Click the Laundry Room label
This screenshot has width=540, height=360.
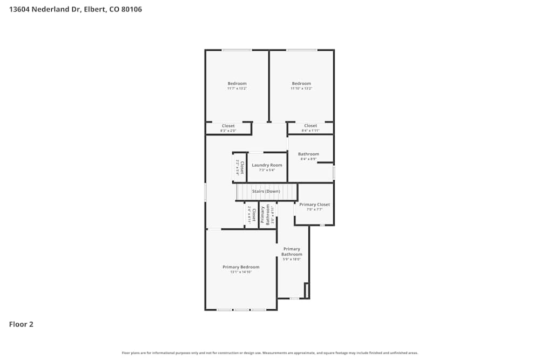coord(267,165)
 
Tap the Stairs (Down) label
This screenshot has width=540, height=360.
coord(266,191)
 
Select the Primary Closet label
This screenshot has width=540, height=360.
coord(314,205)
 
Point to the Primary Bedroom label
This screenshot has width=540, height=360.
coord(241,267)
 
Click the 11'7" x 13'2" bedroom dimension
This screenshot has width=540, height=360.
coord(237,89)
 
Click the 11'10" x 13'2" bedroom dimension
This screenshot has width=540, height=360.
coord(301,89)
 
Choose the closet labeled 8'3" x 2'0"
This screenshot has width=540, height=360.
coord(228,128)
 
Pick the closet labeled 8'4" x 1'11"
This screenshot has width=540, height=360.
coord(310,128)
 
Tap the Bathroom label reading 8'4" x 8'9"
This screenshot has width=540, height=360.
coord(308,157)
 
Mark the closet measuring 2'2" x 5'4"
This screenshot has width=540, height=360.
coord(239,168)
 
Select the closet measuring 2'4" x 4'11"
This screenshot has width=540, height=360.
coord(251,215)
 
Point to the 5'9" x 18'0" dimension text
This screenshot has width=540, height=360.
coord(292,259)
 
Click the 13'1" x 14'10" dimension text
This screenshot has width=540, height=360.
coord(241,272)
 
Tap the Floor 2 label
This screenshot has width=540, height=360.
coord(21,324)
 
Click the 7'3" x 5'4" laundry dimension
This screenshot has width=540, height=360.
coord(267,170)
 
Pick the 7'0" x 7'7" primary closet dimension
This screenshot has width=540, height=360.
coord(314,209)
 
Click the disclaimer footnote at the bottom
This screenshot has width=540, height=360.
coord(269,353)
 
